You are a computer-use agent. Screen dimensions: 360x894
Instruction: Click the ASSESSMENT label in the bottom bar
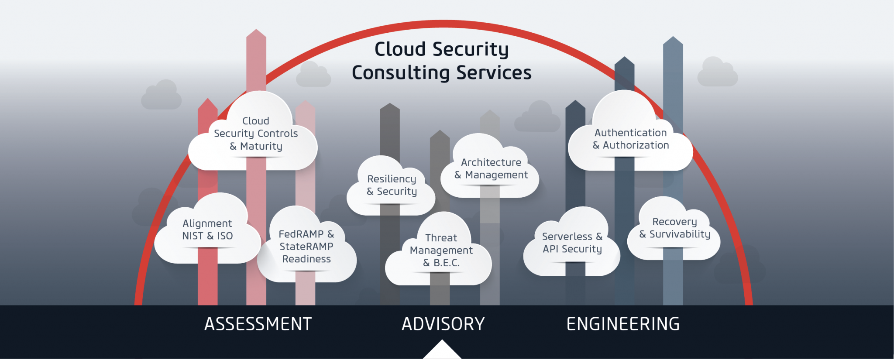[258, 324]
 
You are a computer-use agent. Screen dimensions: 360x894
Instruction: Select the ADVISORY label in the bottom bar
[443, 324]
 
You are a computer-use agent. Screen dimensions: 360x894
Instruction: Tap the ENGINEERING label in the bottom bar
[623, 324]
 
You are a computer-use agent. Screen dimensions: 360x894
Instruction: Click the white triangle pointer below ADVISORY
[442, 351]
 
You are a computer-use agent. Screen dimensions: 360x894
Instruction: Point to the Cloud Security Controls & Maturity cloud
[256, 134]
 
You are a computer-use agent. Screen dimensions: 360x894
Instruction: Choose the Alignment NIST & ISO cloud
[207, 230]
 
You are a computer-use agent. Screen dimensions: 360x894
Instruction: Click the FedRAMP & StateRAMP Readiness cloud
[306, 247]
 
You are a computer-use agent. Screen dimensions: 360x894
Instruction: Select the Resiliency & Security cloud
[392, 185]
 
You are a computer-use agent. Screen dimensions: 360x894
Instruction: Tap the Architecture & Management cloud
[491, 168]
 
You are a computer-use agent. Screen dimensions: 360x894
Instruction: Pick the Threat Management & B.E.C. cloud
[441, 250]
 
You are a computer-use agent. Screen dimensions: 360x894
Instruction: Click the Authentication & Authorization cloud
[630, 139]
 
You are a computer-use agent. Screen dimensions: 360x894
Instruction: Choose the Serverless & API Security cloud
[572, 243]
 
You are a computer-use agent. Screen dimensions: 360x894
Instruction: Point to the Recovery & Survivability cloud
[674, 228]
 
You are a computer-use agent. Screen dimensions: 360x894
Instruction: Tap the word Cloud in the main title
[400, 49]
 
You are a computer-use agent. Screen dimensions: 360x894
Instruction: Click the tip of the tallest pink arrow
[256, 31]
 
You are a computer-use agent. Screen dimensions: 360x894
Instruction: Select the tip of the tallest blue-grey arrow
[673, 39]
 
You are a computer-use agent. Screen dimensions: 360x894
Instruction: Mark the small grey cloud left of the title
[313, 75]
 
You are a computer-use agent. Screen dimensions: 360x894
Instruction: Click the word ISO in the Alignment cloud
[225, 236]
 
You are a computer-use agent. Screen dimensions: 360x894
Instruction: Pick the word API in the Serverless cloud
[550, 249]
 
